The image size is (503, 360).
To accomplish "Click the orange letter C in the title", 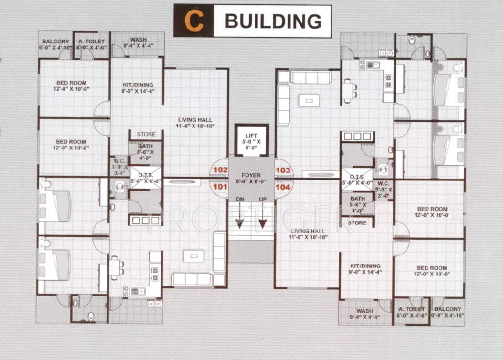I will (193, 21).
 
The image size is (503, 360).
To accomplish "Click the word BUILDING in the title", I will (273, 21).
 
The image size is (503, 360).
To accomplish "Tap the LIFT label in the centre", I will (251, 136).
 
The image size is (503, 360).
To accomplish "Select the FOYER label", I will (251, 176).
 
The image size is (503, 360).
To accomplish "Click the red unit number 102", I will (220, 170).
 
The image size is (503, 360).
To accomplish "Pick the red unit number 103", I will (283, 170).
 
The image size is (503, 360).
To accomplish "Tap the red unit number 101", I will (220, 187).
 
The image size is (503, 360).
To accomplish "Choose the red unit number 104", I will (283, 187).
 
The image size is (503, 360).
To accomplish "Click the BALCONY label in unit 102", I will (56, 42).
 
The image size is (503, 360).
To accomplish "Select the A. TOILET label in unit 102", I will (91, 42).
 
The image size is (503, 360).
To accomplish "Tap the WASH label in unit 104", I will (364, 310).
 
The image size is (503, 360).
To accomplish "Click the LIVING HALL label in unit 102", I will (195, 120).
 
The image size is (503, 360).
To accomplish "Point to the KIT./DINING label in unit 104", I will (365, 265).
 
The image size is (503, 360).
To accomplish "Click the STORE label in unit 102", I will (146, 134).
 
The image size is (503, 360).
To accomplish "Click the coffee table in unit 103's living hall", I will (309, 100).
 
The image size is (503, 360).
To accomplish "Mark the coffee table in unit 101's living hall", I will (193, 256).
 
